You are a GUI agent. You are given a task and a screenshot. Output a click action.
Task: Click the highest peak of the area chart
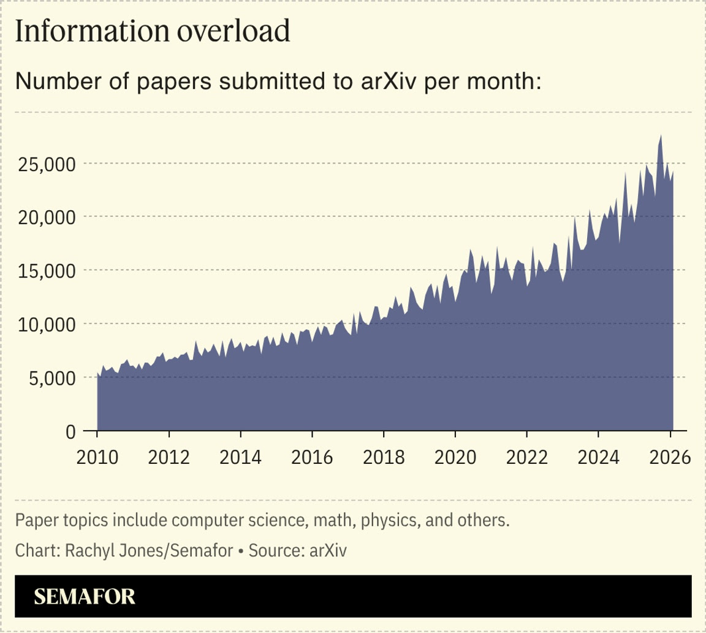click(x=661, y=135)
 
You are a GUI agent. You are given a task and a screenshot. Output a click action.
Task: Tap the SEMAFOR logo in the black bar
click(x=84, y=597)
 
